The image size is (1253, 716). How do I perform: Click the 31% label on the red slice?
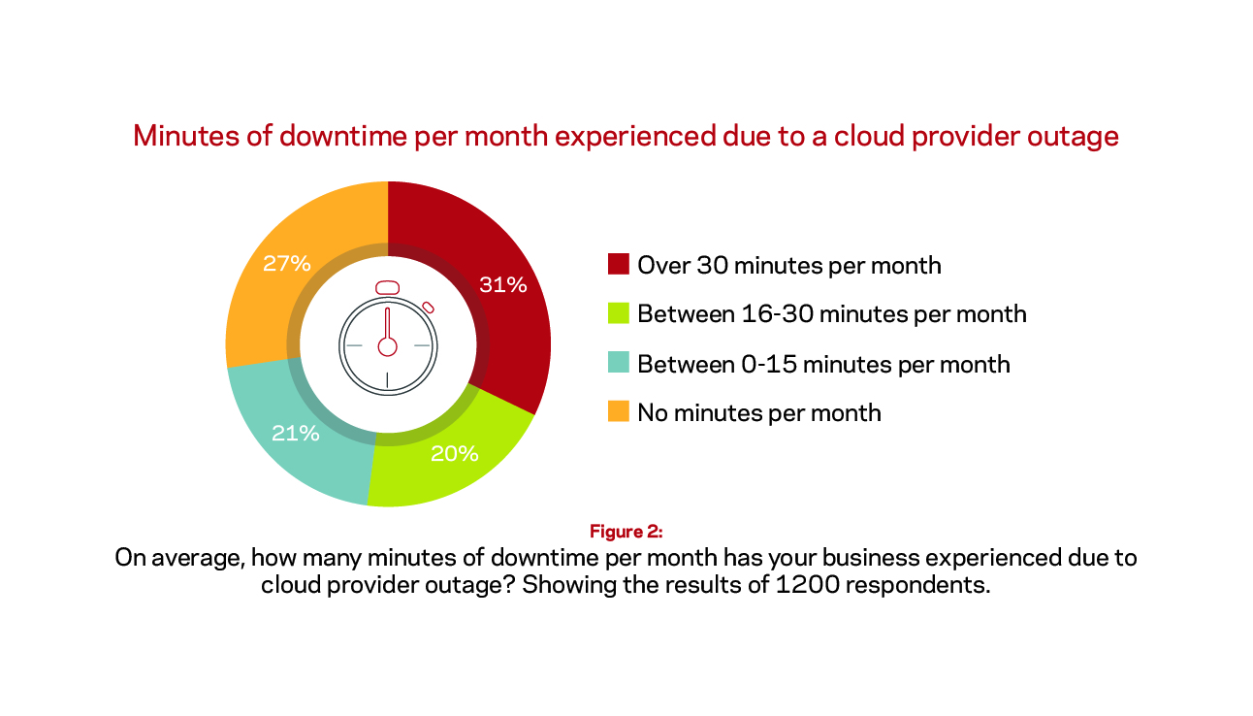(x=503, y=284)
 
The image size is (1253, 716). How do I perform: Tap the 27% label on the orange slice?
(x=286, y=263)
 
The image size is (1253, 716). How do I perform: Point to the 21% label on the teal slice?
(x=296, y=433)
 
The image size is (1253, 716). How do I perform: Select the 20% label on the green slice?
(x=454, y=453)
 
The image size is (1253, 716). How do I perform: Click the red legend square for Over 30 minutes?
(x=618, y=264)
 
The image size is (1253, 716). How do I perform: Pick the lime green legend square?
(x=618, y=313)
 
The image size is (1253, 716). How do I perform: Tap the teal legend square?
(x=618, y=363)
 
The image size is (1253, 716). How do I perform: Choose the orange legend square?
(x=618, y=411)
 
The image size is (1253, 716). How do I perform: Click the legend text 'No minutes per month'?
(x=759, y=413)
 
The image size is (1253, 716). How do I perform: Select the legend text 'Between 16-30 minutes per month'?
(x=832, y=314)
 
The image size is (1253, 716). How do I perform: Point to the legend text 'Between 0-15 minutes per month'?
(x=823, y=364)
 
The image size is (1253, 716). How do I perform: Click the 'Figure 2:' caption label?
(x=626, y=532)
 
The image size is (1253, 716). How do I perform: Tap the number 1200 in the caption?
(x=807, y=585)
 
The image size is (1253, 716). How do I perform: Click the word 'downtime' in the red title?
(x=342, y=136)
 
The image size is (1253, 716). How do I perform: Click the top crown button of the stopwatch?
(x=387, y=287)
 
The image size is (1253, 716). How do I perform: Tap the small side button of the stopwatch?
(x=428, y=308)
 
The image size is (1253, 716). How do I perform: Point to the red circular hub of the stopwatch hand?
(x=387, y=346)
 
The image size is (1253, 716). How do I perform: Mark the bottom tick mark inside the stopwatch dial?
(x=387, y=379)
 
